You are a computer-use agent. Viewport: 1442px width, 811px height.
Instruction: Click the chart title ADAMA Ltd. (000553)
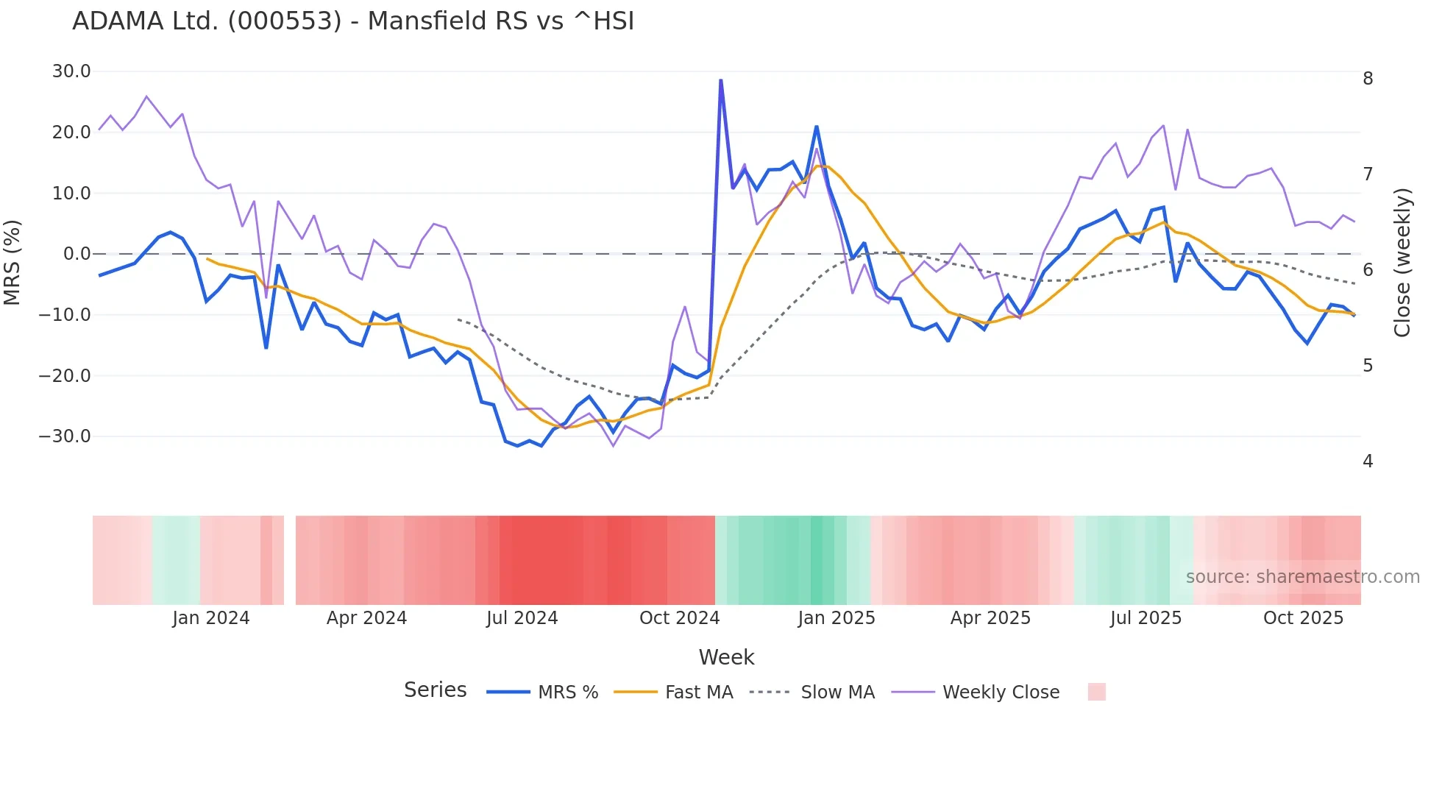(353, 21)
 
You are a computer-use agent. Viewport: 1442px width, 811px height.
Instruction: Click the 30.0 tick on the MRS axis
(71, 71)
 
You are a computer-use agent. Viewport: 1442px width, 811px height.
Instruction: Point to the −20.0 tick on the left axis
(65, 376)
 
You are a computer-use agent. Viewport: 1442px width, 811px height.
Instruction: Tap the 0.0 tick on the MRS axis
(77, 254)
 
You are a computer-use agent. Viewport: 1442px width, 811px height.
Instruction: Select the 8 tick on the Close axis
(1368, 79)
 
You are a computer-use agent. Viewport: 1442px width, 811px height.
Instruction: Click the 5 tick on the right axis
(1368, 366)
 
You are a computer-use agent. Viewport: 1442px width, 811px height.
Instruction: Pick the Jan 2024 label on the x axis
(211, 618)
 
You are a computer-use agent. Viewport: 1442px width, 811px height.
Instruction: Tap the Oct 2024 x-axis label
(679, 618)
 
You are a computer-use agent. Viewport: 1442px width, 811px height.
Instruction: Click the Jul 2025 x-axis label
(1146, 618)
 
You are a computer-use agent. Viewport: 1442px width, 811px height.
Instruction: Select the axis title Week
(726, 657)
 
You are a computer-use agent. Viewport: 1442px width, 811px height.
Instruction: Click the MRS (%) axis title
(13, 262)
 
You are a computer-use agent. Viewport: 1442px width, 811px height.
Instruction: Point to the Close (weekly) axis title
(1402, 262)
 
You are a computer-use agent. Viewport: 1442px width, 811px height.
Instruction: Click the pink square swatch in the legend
(1096, 692)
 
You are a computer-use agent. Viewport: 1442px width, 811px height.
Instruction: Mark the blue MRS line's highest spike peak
(721, 80)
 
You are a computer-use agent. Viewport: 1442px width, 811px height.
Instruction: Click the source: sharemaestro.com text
(1302, 577)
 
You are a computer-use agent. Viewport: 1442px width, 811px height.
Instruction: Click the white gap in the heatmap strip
(290, 560)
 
